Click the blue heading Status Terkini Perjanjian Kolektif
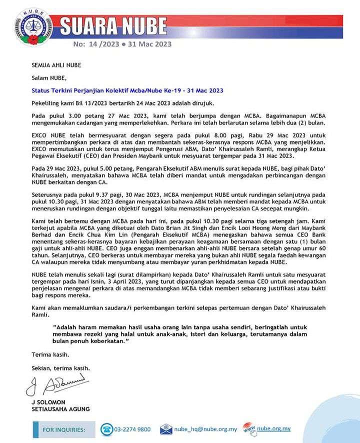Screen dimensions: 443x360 click(127, 90)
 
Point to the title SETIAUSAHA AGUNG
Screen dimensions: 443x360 click(60, 409)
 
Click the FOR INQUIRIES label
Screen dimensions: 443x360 click(64, 429)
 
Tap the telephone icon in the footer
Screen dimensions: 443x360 click(106, 429)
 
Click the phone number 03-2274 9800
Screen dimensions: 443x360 click(132, 429)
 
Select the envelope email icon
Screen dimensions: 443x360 click(166, 429)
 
